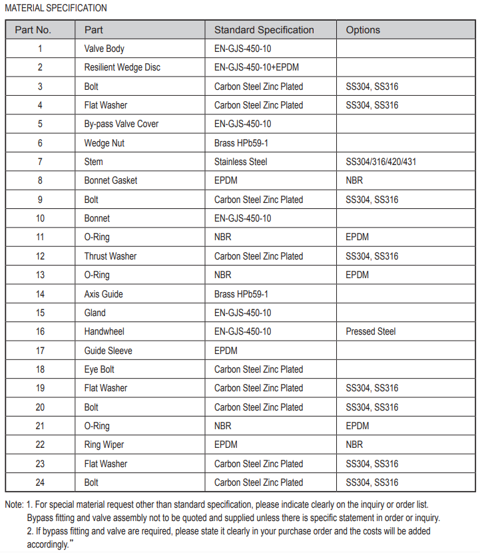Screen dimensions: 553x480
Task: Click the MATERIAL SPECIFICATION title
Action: point(56,8)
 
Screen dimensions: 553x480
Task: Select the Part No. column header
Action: point(33,30)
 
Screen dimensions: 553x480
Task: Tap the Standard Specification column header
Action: point(264,30)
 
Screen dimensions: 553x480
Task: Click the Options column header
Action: point(363,30)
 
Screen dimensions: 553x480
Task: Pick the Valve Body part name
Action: point(104,49)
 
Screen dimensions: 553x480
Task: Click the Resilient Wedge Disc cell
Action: point(122,67)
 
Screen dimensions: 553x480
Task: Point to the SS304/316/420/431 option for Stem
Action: point(381,162)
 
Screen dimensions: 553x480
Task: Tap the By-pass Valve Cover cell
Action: point(121,124)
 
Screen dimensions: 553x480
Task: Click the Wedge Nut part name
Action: point(104,143)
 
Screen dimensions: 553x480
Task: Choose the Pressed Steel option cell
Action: point(371,331)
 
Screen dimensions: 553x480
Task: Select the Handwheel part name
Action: point(104,331)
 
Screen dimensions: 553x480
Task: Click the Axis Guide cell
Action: point(103,294)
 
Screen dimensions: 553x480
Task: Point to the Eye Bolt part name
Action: point(99,369)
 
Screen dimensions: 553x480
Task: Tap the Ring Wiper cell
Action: point(104,445)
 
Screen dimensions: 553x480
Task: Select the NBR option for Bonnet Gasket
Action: point(354,180)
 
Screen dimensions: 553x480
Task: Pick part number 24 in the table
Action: point(40,482)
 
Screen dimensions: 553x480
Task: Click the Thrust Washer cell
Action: point(110,256)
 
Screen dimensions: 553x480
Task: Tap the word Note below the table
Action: point(14,504)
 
